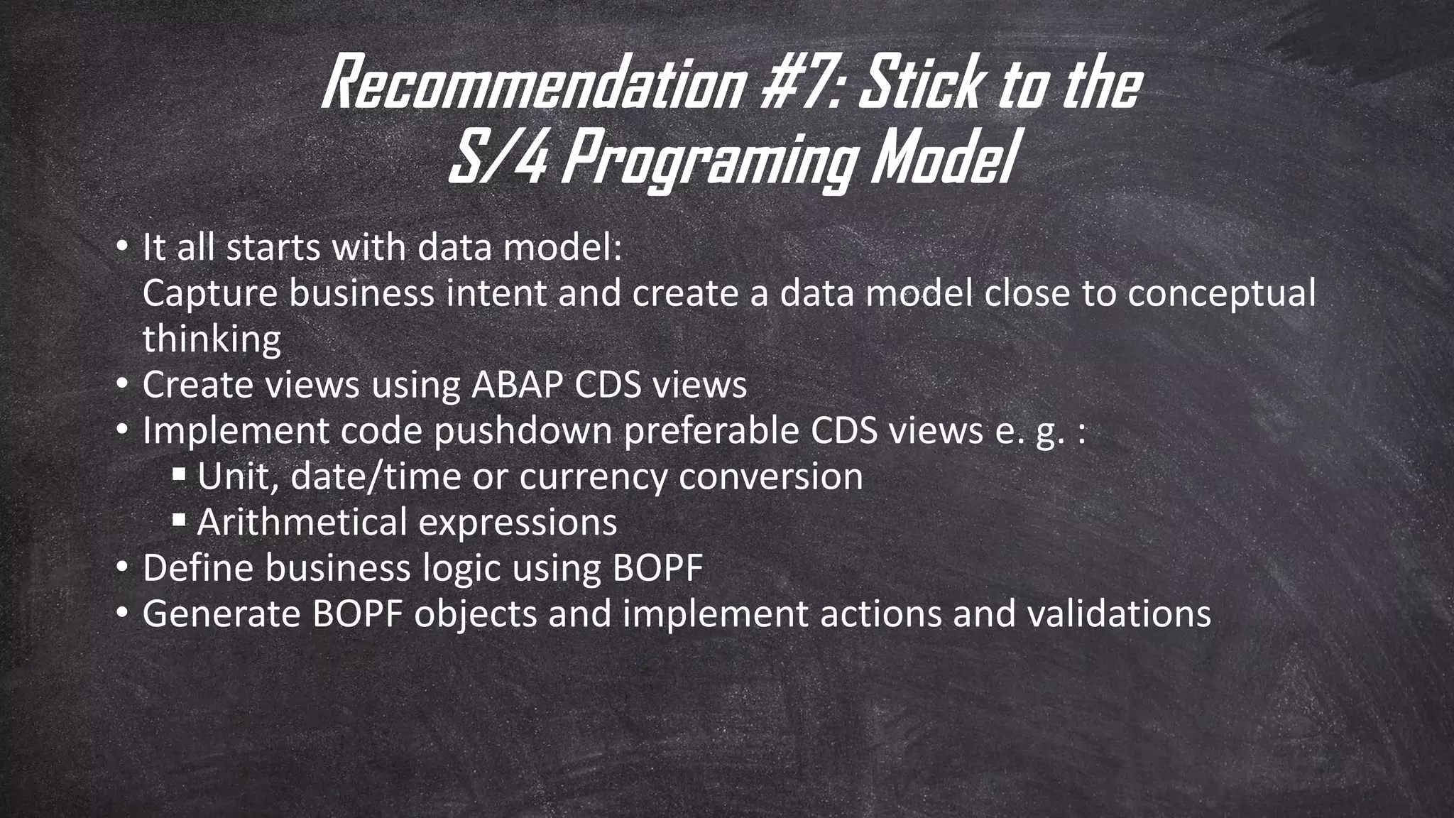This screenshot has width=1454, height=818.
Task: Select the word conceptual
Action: [x=1221, y=294]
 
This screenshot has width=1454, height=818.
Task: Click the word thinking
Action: [x=212, y=339]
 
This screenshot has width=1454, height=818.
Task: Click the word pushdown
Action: [x=523, y=431]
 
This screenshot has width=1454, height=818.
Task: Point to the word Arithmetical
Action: [x=302, y=522]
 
